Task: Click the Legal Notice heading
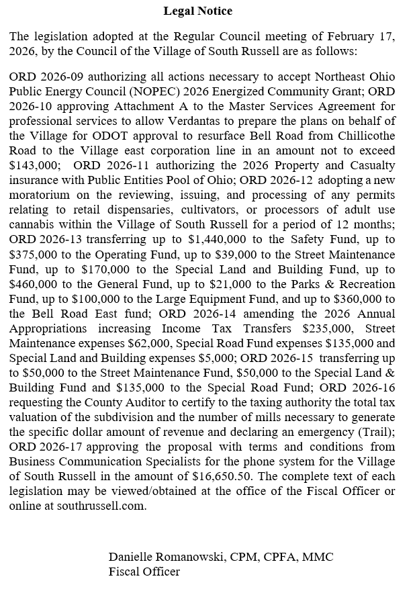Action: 198,11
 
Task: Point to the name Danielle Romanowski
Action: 166,557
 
